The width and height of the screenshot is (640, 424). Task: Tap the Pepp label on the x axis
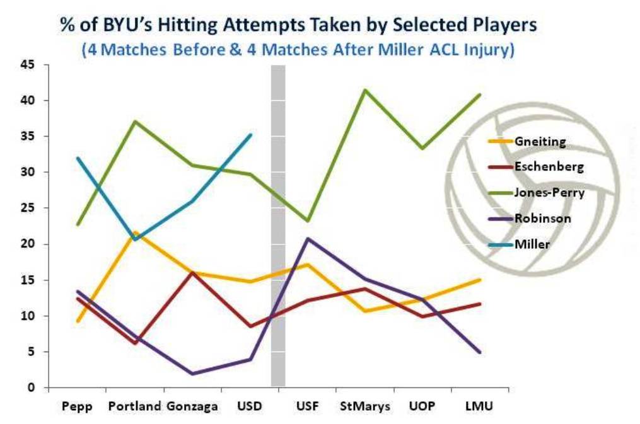[78, 406]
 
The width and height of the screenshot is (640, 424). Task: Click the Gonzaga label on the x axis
[193, 406]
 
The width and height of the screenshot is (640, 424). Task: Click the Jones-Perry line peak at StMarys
[364, 89]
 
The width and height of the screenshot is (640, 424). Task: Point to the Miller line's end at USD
[251, 134]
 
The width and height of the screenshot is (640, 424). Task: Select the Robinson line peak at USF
[307, 238]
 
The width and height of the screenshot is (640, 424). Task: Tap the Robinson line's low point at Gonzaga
[193, 374]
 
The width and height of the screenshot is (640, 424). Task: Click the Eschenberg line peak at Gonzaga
[193, 272]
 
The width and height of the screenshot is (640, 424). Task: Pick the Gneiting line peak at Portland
[135, 232]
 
